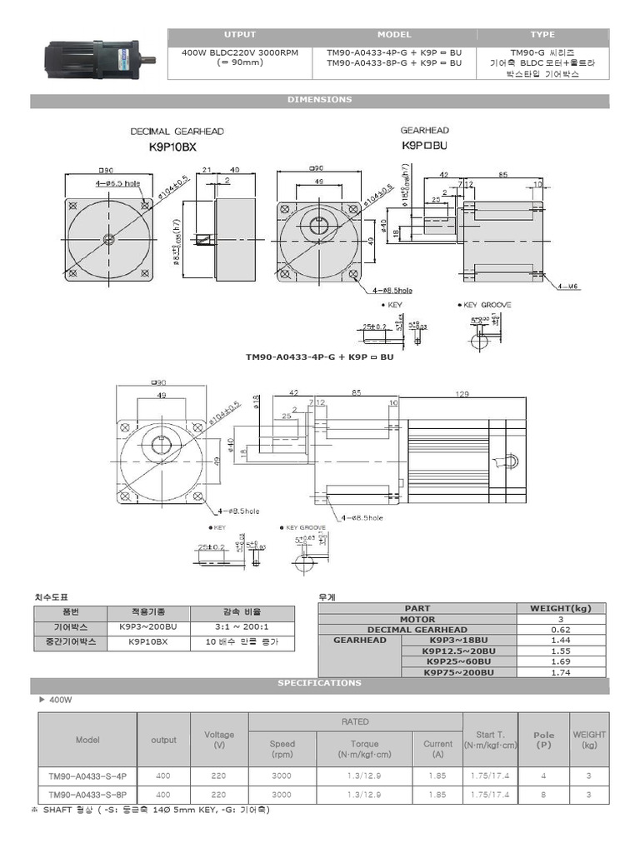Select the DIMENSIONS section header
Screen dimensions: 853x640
click(x=319, y=100)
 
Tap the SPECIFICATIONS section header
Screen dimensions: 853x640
click(x=319, y=683)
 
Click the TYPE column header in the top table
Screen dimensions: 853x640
click(x=542, y=35)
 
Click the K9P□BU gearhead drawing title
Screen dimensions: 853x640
click(x=424, y=145)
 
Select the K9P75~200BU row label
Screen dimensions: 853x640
click(x=458, y=672)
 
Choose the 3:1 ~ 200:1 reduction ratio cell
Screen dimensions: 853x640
click(x=242, y=626)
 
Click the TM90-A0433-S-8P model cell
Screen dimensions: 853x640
click(x=87, y=795)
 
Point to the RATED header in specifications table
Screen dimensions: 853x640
click(x=355, y=722)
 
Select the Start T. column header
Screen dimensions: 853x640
click(x=490, y=740)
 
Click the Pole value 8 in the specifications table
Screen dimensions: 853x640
click(x=543, y=795)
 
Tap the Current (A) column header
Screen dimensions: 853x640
click(x=437, y=749)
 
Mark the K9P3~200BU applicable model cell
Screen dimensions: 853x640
click(x=148, y=626)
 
